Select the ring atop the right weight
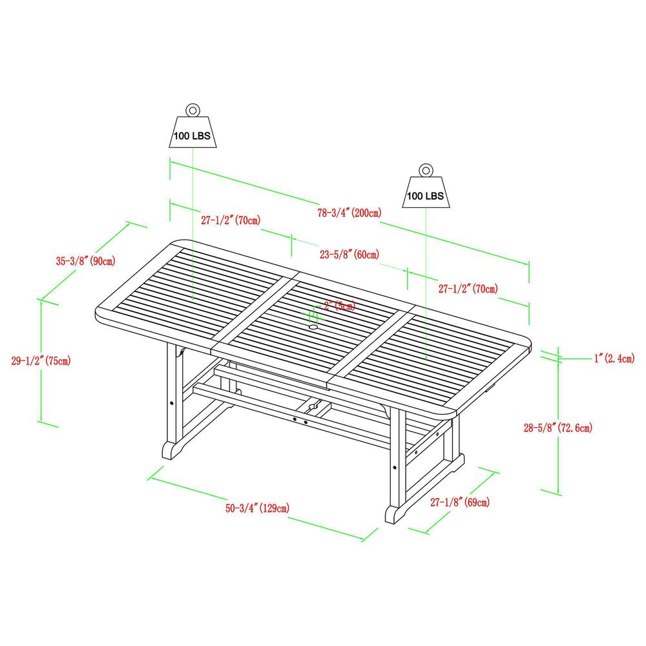[x=426, y=171]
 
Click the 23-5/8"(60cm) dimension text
[x=349, y=254]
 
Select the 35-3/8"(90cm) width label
[x=86, y=261]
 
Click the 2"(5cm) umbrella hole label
[x=340, y=306]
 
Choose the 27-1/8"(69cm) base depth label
[x=459, y=502]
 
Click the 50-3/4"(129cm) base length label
[x=257, y=508]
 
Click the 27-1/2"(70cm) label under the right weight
[x=468, y=289]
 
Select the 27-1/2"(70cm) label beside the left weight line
[x=230, y=220]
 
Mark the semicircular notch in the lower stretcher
[x=311, y=406]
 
